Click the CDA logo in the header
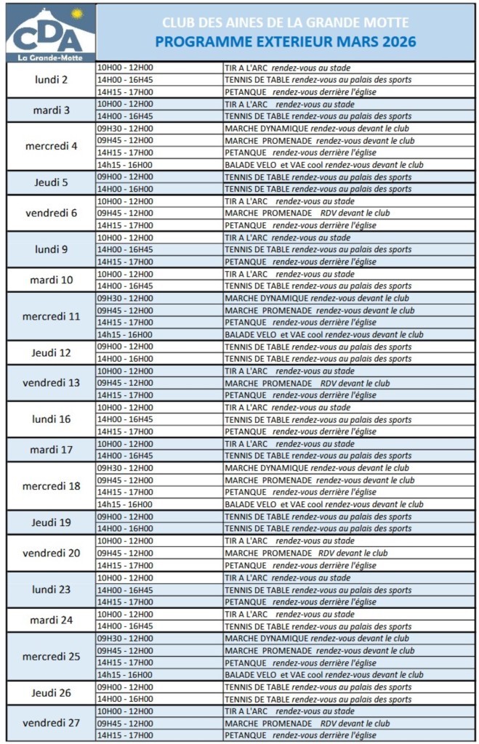50,33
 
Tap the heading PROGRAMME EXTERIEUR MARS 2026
285,42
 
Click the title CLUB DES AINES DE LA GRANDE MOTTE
285,23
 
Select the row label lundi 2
52,80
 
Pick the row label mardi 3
52,110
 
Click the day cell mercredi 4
52,146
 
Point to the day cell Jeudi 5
52,183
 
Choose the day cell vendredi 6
52,213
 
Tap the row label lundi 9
52,249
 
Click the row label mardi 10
52,280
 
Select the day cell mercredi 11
52,316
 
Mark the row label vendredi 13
52,383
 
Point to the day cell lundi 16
52,419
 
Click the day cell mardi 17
52,450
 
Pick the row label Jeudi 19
52,522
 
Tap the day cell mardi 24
52,620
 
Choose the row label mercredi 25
52,656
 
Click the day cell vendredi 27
52,723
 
